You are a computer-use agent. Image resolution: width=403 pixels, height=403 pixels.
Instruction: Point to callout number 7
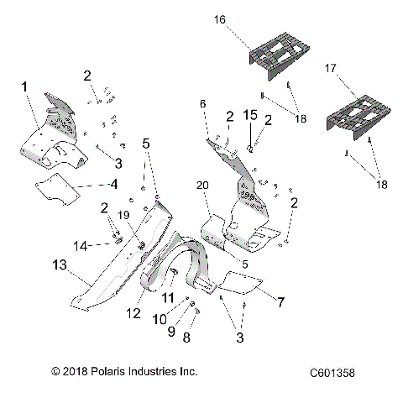pos(281,300)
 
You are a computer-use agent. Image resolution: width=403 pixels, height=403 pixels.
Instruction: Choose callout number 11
pos(168,298)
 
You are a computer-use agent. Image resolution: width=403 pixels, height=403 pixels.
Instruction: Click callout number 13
pos(58,265)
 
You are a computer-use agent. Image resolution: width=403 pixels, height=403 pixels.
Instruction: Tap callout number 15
pos(249,113)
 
